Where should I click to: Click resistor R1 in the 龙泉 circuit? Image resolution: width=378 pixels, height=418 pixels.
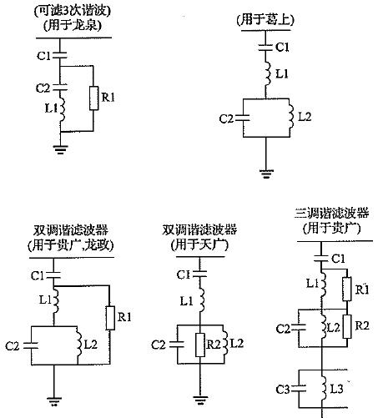pyautogui.click(x=93, y=98)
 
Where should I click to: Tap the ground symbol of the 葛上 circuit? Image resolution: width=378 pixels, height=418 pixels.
pyautogui.click(x=266, y=174)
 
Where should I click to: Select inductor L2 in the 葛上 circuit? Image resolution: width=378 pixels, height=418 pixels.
pyautogui.click(x=290, y=116)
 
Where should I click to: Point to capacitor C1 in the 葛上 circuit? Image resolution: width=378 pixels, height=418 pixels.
pyautogui.click(x=265, y=48)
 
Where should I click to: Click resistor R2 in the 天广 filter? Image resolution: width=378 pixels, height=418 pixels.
pyautogui.click(x=200, y=345)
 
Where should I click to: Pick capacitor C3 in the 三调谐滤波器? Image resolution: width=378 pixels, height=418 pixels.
pyautogui.click(x=299, y=388)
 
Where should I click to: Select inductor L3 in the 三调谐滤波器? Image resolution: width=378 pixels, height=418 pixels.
pyautogui.click(x=323, y=389)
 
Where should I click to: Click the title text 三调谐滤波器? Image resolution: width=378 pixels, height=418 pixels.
pyautogui.click(x=332, y=214)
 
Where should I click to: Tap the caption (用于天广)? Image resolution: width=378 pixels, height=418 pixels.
pyautogui.click(x=199, y=245)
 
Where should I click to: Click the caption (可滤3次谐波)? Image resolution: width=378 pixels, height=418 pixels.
pyautogui.click(x=73, y=11)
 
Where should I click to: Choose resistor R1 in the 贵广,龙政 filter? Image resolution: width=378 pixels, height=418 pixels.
pyautogui.click(x=110, y=318)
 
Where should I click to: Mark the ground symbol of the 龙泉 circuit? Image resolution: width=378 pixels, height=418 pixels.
pyautogui.click(x=60, y=149)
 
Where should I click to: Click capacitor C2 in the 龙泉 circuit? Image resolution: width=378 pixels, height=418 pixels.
pyautogui.click(x=60, y=87)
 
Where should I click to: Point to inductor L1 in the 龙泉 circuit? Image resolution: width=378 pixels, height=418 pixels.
pyautogui.click(x=62, y=109)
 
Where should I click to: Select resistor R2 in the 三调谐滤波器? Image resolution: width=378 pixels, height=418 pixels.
pyautogui.click(x=347, y=326)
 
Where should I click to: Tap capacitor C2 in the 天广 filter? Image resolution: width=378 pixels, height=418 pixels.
pyautogui.click(x=177, y=345)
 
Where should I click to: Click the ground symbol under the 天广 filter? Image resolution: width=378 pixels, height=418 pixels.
pyautogui.click(x=200, y=400)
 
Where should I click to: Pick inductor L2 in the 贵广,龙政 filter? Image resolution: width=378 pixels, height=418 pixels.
pyautogui.click(x=78, y=345)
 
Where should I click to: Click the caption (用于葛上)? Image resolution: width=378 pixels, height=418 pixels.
pyautogui.click(x=265, y=20)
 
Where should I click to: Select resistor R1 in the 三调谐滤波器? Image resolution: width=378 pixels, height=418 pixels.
pyautogui.click(x=347, y=289)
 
